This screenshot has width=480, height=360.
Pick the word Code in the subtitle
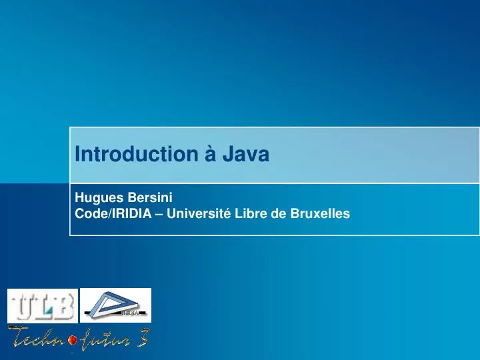88,213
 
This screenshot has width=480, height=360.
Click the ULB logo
42,306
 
